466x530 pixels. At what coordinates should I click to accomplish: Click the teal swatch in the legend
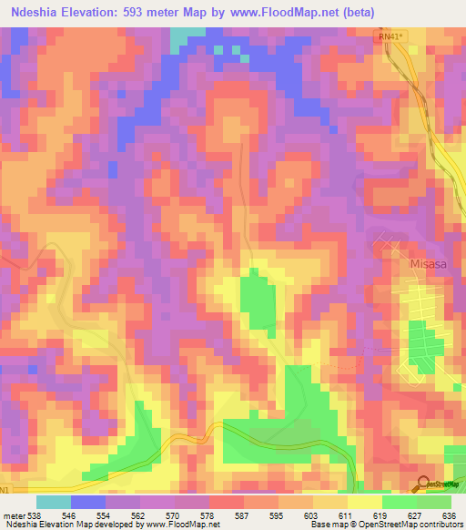[54, 502]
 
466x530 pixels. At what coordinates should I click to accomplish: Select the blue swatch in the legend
[88, 502]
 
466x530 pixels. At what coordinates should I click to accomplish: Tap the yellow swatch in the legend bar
[364, 502]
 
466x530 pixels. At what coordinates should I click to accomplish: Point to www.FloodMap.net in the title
[269, 14]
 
